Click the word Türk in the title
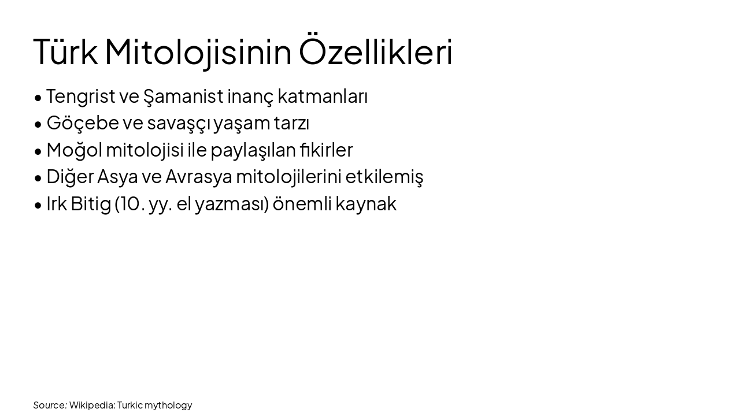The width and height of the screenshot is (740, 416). pyautogui.click(x=65, y=51)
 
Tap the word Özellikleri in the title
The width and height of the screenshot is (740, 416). pyautogui.click(x=376, y=51)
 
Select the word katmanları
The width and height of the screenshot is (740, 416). pyautogui.click(x=323, y=96)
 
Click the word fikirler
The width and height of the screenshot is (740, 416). pyautogui.click(x=326, y=150)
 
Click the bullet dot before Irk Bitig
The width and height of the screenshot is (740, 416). pyautogui.click(x=38, y=205)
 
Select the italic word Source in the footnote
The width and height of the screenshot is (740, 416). pyautogui.click(x=50, y=405)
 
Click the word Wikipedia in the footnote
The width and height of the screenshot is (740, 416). pyautogui.click(x=92, y=405)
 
